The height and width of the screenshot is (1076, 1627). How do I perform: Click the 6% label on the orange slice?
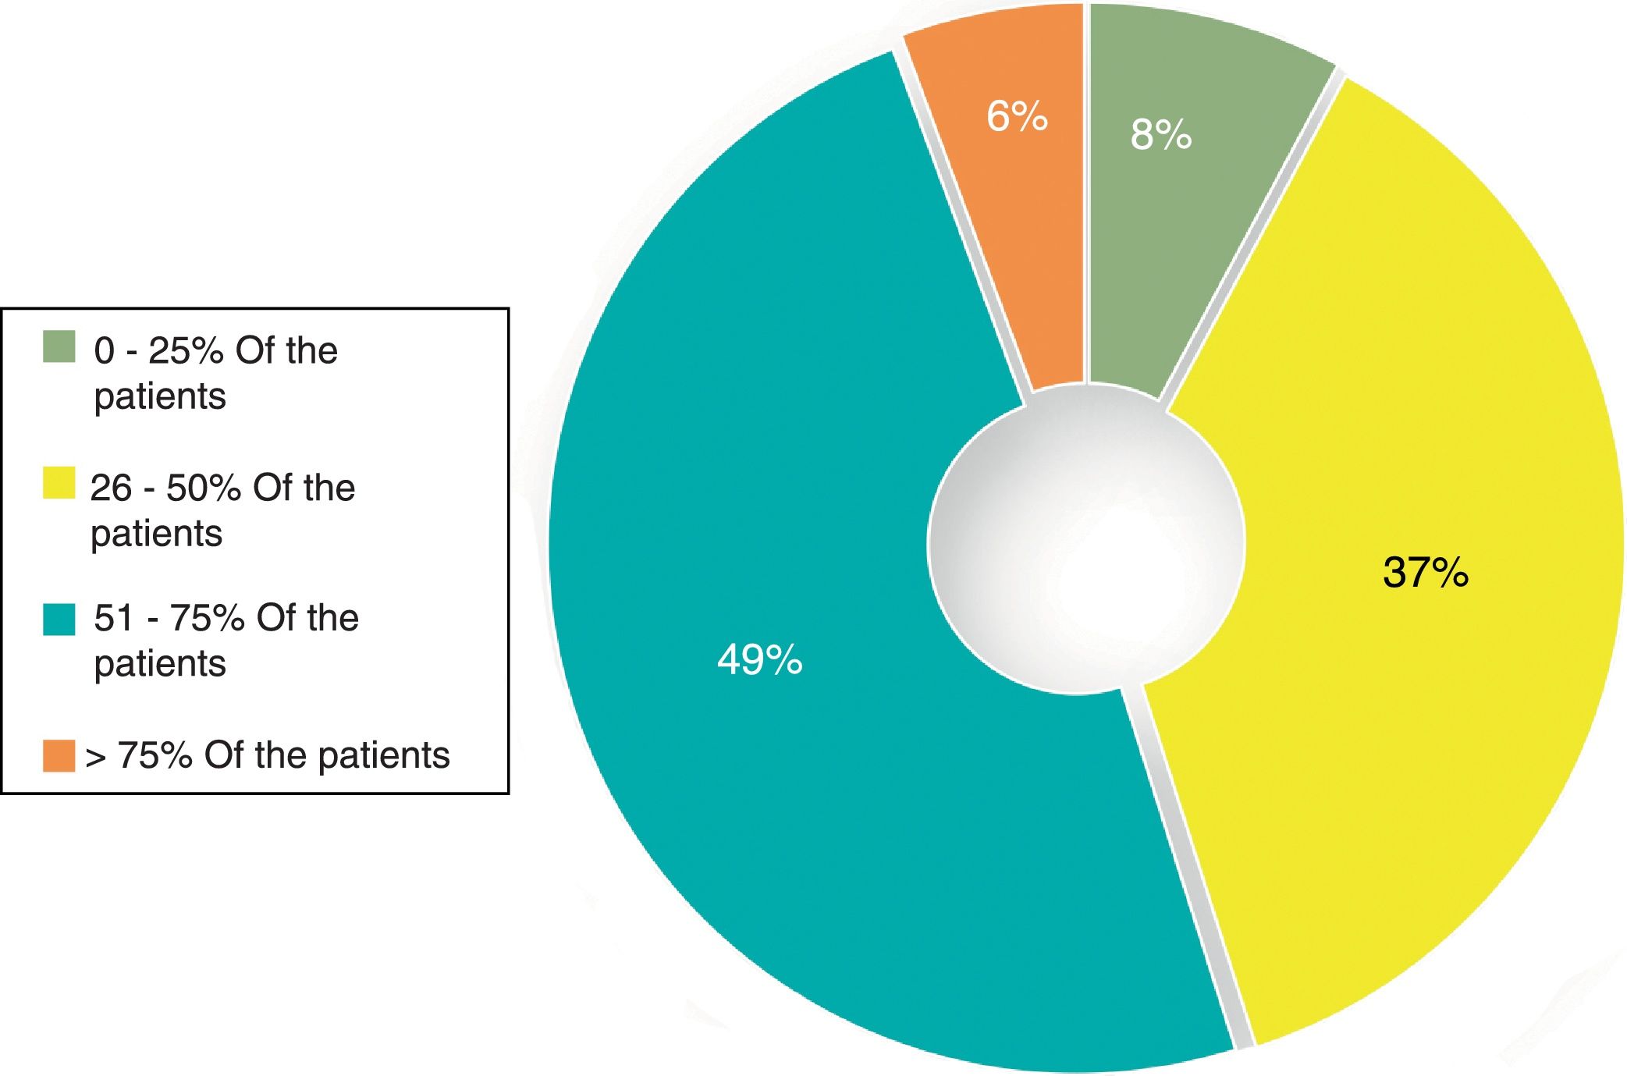click(1017, 116)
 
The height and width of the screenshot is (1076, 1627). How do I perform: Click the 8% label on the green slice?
click(1161, 134)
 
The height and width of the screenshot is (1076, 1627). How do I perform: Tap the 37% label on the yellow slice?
click(1426, 572)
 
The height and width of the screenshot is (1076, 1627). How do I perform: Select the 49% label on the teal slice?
click(759, 659)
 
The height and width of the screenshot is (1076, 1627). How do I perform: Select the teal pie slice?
click(780, 624)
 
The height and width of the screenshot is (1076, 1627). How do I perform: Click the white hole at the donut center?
click(1085, 539)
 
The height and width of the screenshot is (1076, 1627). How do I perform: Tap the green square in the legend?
click(59, 346)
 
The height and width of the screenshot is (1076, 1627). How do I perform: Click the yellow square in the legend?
click(59, 483)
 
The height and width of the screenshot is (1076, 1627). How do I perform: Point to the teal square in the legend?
click(59, 620)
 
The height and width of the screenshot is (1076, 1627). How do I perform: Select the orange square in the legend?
click(59, 756)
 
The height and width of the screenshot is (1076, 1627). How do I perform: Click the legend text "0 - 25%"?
click(158, 351)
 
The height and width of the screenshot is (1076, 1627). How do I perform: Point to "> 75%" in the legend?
click(139, 755)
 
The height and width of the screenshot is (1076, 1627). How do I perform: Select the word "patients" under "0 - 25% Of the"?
click(160, 397)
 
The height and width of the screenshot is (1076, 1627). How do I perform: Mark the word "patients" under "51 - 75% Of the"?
click(160, 665)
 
